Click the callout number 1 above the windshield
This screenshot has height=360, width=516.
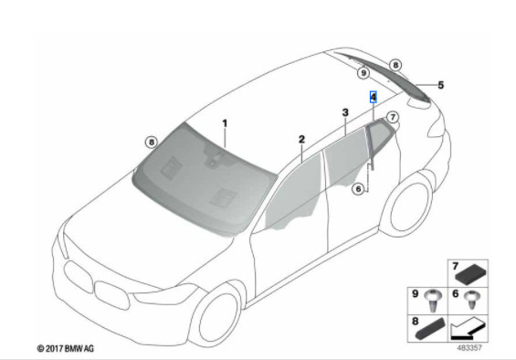225,124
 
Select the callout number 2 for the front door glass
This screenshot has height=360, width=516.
301,140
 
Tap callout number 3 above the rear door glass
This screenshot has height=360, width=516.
345,112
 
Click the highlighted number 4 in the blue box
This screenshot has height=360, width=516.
374,97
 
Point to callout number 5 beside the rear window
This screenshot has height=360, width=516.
440,85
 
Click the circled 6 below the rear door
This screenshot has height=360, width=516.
358,189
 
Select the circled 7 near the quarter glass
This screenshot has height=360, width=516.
393,117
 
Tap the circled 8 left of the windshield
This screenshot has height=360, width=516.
152,143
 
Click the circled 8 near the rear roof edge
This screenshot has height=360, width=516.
395,65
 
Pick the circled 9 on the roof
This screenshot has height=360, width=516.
363,72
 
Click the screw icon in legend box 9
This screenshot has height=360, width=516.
432,301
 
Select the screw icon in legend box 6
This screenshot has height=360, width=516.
472,299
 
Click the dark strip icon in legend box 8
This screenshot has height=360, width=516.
431,329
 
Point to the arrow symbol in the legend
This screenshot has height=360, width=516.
468,328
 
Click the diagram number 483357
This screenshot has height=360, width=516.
469,348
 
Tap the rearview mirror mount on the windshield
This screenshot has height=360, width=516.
213,157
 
